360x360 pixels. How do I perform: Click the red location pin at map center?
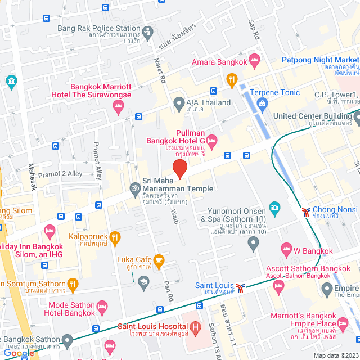[x=179, y=168]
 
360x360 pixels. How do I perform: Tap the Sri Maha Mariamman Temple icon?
[x=134, y=188]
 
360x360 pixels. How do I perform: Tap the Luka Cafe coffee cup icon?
[x=159, y=259]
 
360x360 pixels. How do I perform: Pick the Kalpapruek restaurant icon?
[x=115, y=237]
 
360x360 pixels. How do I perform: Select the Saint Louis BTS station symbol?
[x=241, y=287]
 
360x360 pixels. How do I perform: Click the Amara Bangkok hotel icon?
[x=254, y=58]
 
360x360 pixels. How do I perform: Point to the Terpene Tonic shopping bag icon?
[x=262, y=102]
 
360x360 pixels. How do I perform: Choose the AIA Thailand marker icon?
[x=179, y=102]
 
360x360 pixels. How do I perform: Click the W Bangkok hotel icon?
[x=286, y=248]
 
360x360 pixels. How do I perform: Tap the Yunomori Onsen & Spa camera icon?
[x=274, y=207]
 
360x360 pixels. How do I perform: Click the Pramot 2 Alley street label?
[x=60, y=174]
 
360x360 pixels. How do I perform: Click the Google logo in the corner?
[x=19, y=353]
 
